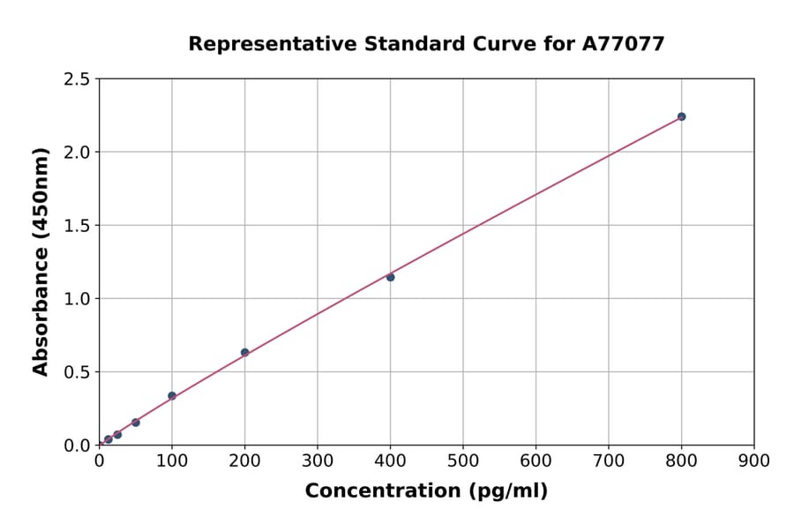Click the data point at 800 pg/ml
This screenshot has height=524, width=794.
[681, 116]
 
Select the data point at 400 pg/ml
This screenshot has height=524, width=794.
[390, 277]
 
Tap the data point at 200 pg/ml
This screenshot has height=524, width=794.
[244, 352]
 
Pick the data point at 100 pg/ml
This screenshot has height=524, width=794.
[172, 396]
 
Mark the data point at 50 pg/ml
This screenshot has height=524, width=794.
[135, 423]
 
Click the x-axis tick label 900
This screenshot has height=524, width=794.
[754, 460]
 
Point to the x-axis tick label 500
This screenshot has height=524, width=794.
[463, 460]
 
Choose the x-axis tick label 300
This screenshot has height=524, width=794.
[318, 460]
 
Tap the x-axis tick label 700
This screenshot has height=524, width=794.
[609, 460]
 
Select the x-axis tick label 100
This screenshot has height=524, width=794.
[172, 460]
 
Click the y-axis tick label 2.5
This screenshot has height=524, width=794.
[77, 79]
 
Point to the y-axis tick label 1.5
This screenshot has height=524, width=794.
[77, 226]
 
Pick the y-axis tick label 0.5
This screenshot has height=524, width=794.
[77, 372]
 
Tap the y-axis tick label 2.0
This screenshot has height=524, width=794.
[77, 153]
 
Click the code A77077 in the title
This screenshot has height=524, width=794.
[623, 44]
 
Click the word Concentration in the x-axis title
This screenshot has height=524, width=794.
[380, 491]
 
